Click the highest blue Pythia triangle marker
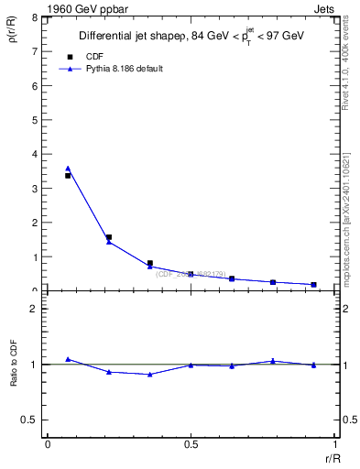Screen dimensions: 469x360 tap(68, 169)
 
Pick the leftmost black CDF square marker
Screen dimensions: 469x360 tap(68, 175)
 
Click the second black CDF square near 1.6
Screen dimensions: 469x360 tap(108, 237)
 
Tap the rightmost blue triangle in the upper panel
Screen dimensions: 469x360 tap(313, 285)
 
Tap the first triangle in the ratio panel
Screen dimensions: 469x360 tap(68, 359)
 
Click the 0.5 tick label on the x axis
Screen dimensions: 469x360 tap(191, 443)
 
